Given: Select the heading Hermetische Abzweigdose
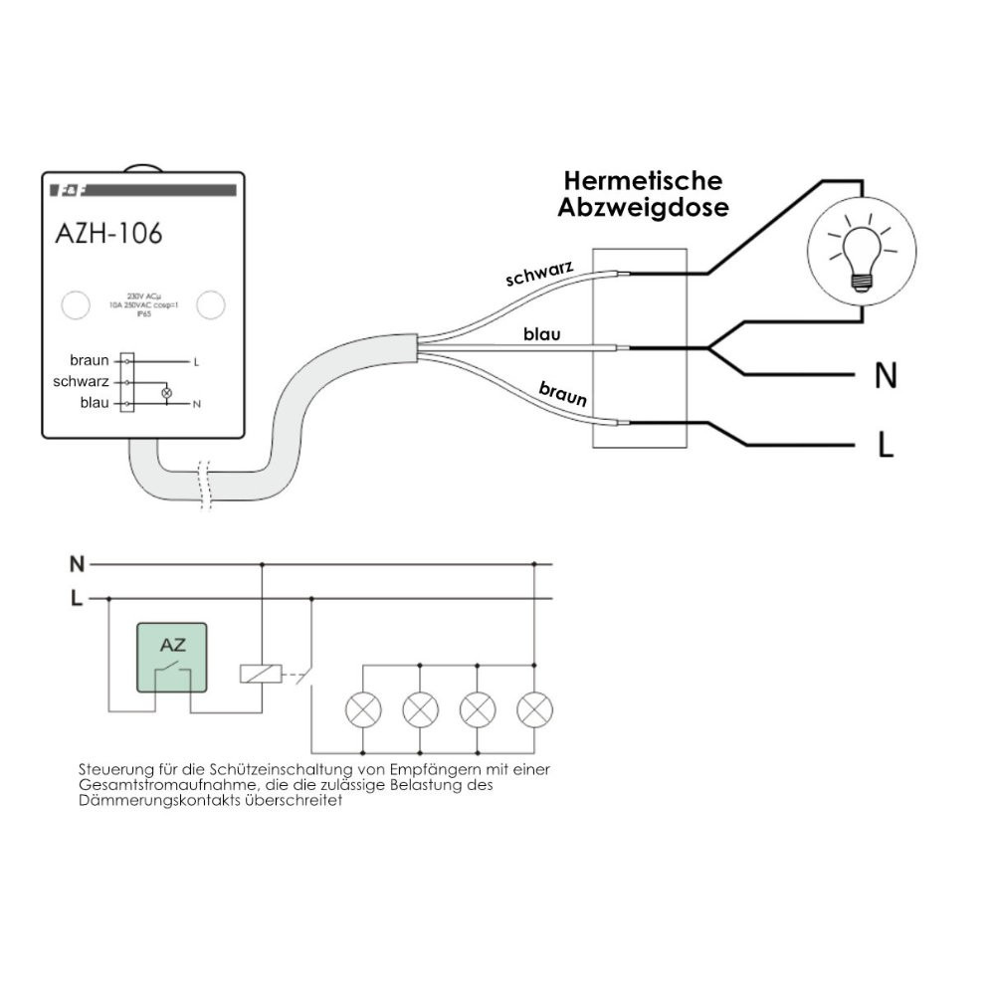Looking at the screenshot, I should click(643, 194).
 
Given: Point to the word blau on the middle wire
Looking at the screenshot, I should click(542, 334).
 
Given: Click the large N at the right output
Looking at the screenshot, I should click(885, 376).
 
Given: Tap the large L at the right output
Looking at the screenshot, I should click(886, 445).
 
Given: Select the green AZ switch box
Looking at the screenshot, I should click(171, 657).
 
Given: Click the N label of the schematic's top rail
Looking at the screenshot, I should click(77, 565).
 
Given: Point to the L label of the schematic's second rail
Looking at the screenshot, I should click(77, 599).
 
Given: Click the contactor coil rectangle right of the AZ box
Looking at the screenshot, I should click(260, 673).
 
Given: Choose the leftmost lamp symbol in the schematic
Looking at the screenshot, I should click(362, 709).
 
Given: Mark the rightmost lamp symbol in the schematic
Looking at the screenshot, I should click(535, 709).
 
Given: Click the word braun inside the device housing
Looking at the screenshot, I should click(90, 360).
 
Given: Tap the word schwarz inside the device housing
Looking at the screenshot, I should click(82, 381).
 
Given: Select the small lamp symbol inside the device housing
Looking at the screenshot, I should click(166, 392).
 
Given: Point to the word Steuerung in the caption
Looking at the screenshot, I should click(109, 770).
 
